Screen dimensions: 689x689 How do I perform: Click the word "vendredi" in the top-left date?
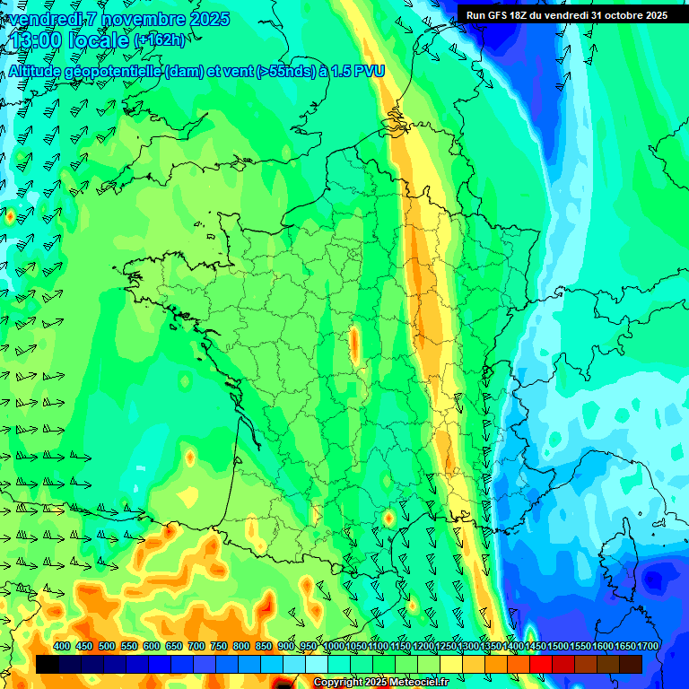[x=47, y=19]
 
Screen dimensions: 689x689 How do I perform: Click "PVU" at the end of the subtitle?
[x=368, y=71]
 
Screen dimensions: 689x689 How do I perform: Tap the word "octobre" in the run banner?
[x=616, y=14]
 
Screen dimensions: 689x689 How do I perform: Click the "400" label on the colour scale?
[x=62, y=647]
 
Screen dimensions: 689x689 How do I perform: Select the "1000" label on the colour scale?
[x=334, y=647]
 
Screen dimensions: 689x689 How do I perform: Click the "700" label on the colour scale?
[x=196, y=647]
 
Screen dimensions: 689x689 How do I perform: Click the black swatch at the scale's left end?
[x=48, y=664]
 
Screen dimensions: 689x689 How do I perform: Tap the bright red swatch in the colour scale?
[x=541, y=664]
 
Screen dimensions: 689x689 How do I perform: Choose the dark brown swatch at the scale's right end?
[x=631, y=664]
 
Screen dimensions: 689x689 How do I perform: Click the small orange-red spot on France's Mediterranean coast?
[x=388, y=519]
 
